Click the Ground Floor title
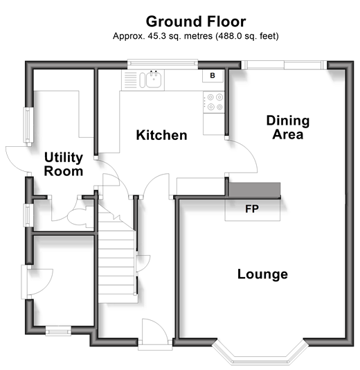pos(196,22)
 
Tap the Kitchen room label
pos(161,135)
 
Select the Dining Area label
pos(288,127)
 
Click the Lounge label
pos(262,274)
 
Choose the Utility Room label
pos(64,164)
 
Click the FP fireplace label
pos(252,209)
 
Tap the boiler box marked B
pos(213,76)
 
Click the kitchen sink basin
pos(154,79)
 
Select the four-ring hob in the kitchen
pos(214,102)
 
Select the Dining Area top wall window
pos(284,65)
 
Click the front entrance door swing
pos(154,331)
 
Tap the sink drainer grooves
pos(130,80)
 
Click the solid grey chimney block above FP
pos(255,189)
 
